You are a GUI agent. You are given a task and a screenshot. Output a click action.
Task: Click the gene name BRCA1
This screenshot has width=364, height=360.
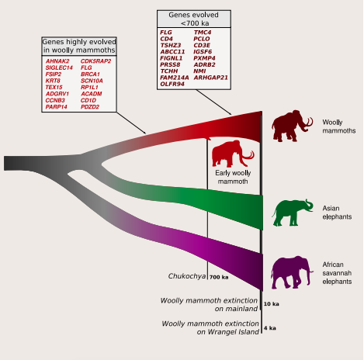click(90, 74)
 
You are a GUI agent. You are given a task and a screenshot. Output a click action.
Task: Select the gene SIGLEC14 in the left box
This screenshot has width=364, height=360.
click(59, 67)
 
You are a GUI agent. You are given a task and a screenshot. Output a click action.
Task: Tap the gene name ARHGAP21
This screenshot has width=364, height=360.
click(210, 78)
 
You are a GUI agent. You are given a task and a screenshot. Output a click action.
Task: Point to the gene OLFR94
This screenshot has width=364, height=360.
click(172, 84)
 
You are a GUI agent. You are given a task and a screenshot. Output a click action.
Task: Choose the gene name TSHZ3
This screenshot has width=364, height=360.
click(171, 45)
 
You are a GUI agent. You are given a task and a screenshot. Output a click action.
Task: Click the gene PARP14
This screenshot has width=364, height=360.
click(56, 107)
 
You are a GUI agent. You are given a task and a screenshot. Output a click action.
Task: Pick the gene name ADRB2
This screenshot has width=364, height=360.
click(204, 64)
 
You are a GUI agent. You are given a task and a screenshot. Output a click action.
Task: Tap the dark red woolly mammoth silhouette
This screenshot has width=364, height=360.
click(292, 126)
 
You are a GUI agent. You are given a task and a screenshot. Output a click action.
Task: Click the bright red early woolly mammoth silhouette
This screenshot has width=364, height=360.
click(233, 154)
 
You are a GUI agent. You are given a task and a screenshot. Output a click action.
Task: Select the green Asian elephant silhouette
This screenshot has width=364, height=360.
click(292, 213)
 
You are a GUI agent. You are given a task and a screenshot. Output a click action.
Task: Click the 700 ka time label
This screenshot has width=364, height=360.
click(219, 277)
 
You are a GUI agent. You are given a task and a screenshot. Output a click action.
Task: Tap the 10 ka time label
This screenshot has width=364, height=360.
click(271, 304)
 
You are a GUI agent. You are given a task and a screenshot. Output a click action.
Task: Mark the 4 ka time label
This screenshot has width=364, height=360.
click(270, 328)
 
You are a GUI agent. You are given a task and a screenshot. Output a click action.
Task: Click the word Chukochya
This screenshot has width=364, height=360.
click(187, 276)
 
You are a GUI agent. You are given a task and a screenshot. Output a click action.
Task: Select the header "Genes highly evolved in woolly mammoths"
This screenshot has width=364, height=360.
click(79, 46)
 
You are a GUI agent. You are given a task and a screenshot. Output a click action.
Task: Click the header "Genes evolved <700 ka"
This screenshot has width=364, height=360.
click(194, 19)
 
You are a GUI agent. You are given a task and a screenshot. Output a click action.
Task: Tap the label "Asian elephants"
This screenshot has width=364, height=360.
click(337, 213)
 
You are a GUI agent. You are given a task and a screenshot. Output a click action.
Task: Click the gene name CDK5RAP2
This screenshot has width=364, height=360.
click(95, 61)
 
